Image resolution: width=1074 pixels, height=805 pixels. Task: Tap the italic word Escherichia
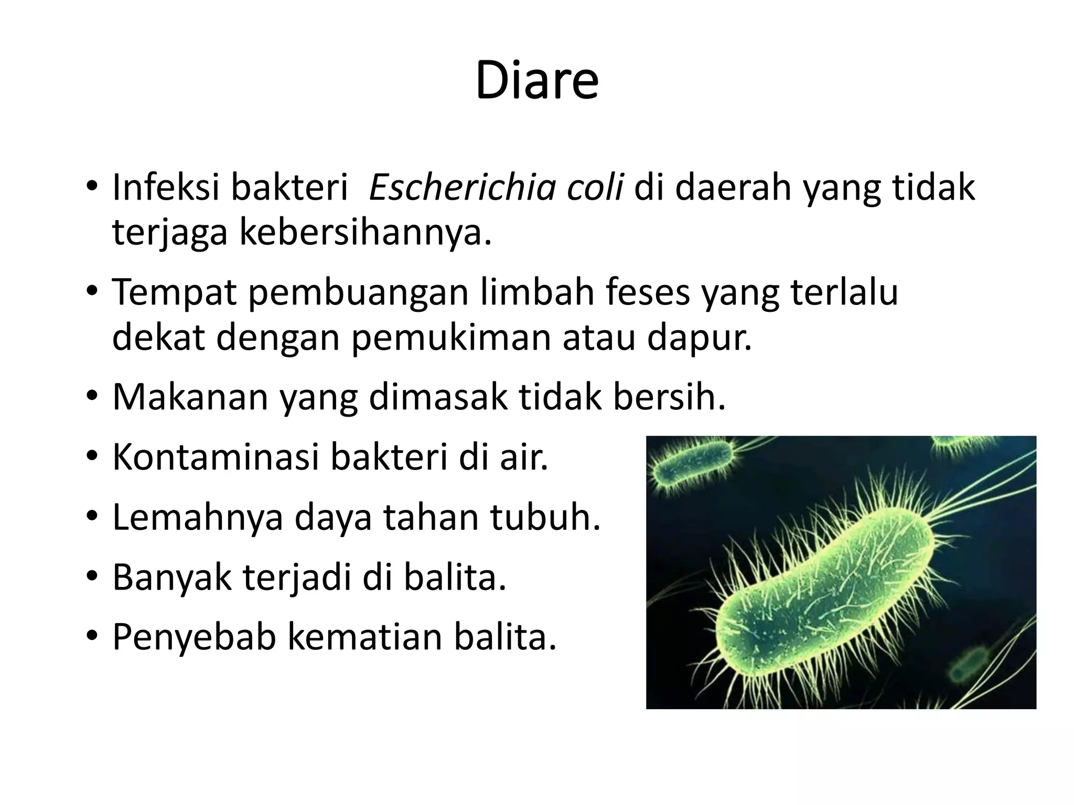(x=462, y=187)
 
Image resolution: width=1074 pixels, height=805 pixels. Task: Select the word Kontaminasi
(x=216, y=456)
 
